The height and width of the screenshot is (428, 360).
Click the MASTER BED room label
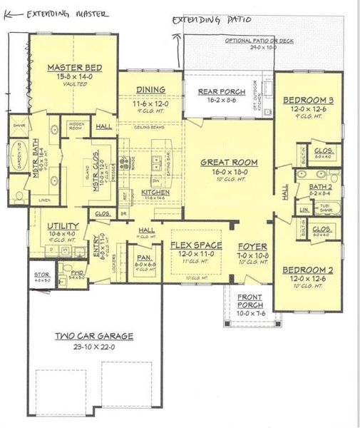coord(73,67)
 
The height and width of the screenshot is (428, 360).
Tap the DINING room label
coord(150,89)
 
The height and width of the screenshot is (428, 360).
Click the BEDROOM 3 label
coord(309,99)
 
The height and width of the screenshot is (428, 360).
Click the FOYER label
coord(252,246)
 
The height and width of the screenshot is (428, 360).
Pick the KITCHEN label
coord(155,193)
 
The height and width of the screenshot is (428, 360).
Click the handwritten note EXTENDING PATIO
coord(212,20)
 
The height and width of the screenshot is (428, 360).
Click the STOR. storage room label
coord(41,274)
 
